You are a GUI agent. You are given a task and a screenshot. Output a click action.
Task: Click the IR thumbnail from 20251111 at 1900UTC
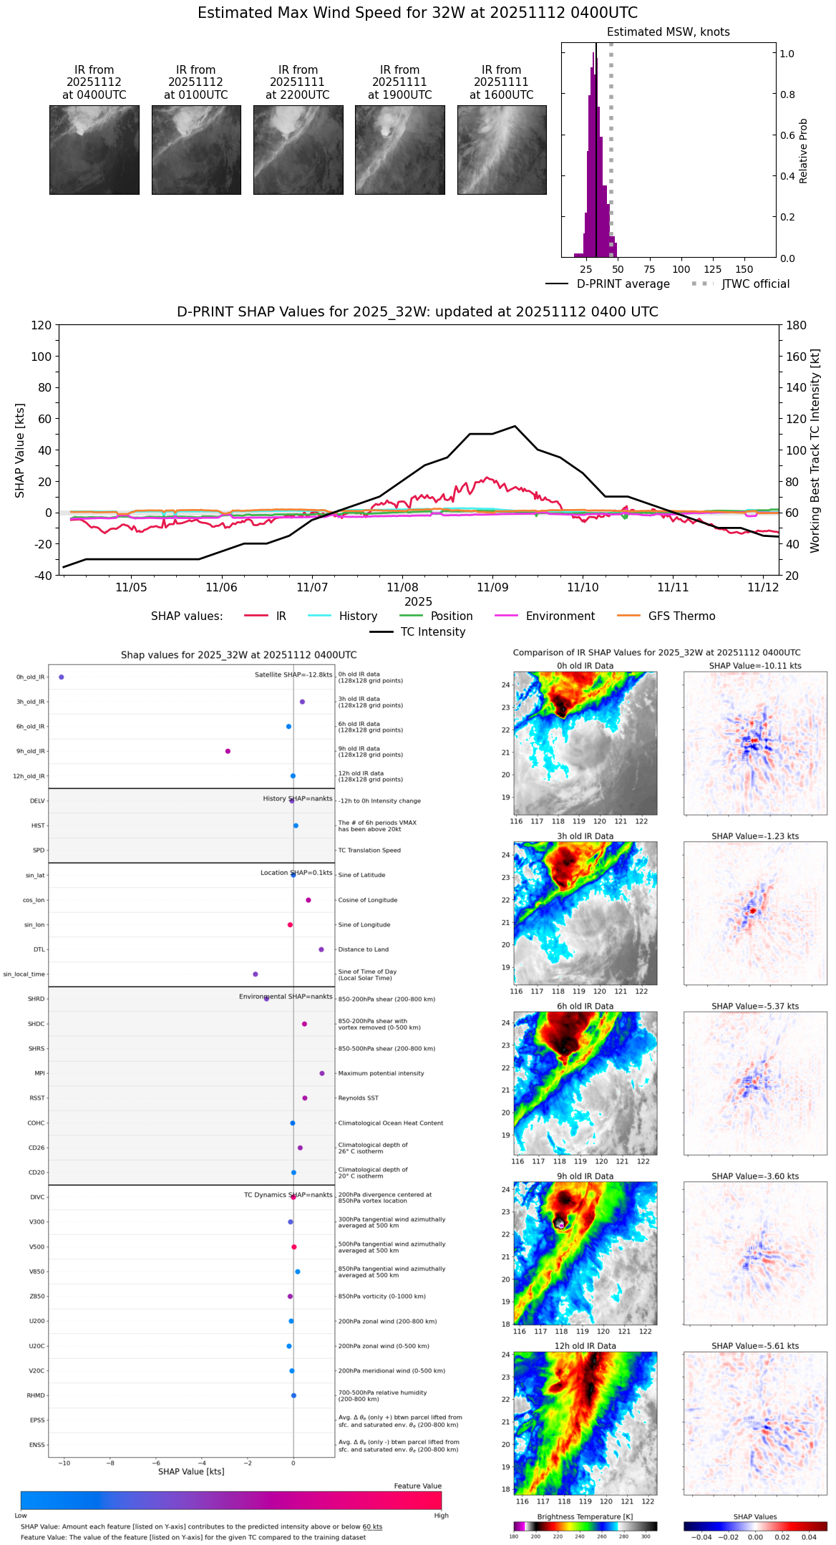tap(399, 150)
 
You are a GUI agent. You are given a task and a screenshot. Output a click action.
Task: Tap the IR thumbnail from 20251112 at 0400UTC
tap(94, 150)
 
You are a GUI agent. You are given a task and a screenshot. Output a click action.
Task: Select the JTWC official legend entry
tap(755, 284)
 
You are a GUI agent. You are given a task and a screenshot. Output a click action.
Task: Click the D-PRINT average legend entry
tap(623, 284)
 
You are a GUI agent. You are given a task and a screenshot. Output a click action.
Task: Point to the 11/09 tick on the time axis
tap(492, 587)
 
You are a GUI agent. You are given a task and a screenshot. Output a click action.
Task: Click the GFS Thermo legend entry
tap(681, 616)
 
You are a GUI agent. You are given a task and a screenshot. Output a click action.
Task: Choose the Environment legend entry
tap(560, 616)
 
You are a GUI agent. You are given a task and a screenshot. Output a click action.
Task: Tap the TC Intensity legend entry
tap(432, 632)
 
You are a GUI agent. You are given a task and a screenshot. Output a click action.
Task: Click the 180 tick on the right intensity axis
tap(796, 325)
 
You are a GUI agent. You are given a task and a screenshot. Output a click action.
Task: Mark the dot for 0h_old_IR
tap(62, 677)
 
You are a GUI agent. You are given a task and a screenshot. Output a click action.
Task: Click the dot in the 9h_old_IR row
tap(228, 751)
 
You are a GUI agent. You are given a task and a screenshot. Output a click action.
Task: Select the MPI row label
tap(40, 1073)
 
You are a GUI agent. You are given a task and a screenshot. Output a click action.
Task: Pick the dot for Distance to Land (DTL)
tap(321, 949)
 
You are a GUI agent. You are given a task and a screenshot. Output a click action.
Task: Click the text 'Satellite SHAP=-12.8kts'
tap(293, 674)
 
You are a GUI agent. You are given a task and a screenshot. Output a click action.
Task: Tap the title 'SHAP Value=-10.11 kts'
tap(755, 666)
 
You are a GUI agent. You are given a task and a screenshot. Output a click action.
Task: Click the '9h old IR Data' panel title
tap(585, 1176)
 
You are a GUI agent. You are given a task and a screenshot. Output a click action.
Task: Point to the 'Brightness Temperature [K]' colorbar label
tap(585, 1516)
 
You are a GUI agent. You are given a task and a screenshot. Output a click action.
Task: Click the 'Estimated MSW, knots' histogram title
tap(668, 32)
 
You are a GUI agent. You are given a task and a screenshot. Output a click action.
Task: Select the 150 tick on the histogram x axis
tap(744, 269)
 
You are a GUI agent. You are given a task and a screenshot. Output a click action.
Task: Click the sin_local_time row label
tap(24, 974)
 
